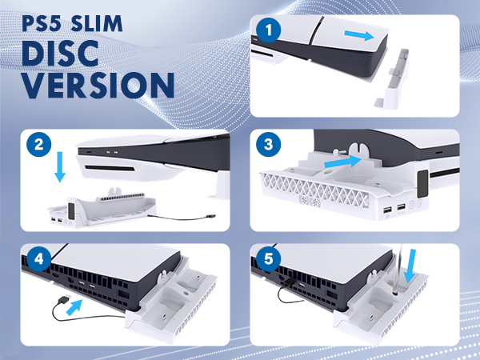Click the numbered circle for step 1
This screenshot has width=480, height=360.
tap(269, 30)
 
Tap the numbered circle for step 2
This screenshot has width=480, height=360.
tap(39, 144)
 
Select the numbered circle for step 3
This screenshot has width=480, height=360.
tap(269, 144)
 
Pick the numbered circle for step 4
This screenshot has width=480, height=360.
tap(39, 258)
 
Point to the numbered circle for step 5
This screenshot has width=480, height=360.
tap(269, 258)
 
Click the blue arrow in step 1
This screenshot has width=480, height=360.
tap(359, 35)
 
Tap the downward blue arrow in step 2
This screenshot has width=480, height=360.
tap(60, 166)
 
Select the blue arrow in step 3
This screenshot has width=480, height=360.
tap(342, 162)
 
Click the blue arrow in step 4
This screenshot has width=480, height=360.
tap(74, 307)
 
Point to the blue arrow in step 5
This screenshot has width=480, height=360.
tap(410, 266)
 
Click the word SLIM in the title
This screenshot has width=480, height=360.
tap(97, 23)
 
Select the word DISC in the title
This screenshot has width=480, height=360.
tap(60, 54)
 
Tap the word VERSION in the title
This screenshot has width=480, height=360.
tap(98, 85)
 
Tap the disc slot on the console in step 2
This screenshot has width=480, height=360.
tap(110, 168)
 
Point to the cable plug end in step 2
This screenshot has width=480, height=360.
tap(210, 217)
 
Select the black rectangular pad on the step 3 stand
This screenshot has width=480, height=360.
tap(422, 184)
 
